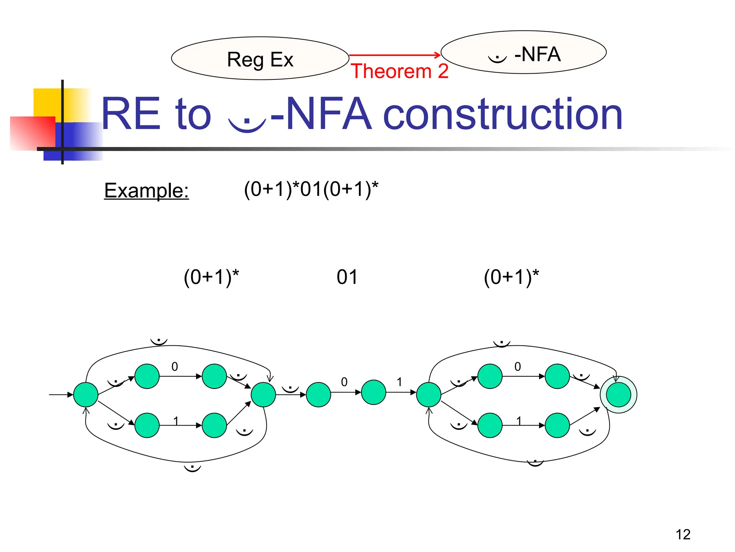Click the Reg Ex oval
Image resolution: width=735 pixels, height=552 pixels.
[260, 59]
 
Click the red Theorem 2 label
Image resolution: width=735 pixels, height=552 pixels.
[399, 71]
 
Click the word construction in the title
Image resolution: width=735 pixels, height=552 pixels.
[502, 114]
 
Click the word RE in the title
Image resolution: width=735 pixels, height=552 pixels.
[131, 114]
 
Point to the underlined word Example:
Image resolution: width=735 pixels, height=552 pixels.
[146, 190]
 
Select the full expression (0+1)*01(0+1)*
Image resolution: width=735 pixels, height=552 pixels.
[311, 189]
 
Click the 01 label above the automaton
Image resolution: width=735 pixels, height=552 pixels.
[347, 277]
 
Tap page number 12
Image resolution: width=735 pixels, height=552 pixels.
[683, 534]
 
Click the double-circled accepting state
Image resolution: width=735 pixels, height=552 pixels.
[618, 395]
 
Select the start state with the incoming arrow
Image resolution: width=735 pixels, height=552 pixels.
[86, 395]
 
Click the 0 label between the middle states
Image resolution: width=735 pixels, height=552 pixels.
[344, 382]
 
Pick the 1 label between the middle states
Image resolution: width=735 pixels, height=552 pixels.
[399, 382]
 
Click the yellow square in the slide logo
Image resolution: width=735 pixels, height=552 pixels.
[47, 102]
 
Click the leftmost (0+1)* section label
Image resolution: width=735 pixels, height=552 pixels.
[211, 277]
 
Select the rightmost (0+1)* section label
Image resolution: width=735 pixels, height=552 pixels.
[511, 277]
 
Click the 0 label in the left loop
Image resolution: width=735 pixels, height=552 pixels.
[175, 367]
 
